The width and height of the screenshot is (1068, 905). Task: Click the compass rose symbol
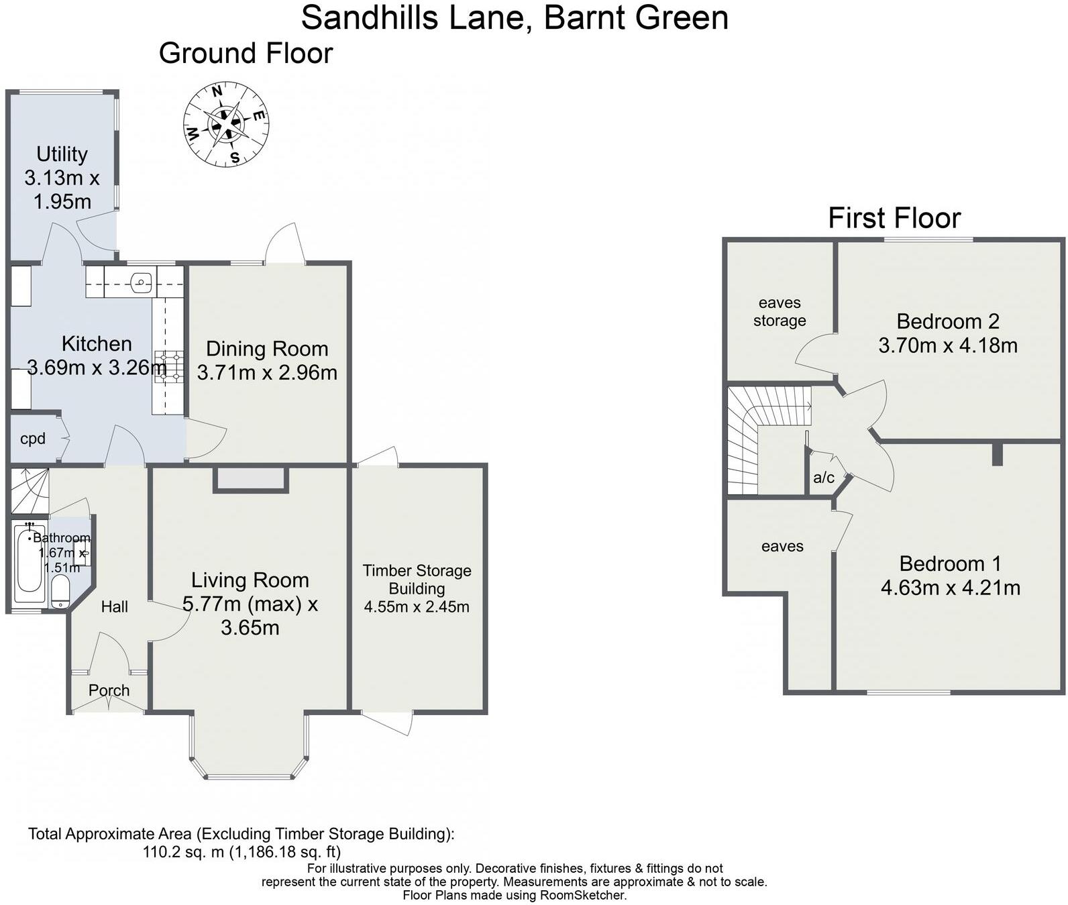click(x=226, y=125)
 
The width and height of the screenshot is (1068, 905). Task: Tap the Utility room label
click(x=62, y=154)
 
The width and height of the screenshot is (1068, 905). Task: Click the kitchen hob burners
click(x=168, y=366)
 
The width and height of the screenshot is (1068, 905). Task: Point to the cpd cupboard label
click(x=33, y=439)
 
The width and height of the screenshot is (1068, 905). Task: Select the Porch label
click(x=109, y=690)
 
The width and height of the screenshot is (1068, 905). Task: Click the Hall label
click(x=114, y=606)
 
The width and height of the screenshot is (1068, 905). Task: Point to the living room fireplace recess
click(x=250, y=479)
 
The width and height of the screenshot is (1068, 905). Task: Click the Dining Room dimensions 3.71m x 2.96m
click(x=267, y=372)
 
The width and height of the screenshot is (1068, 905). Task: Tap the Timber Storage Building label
click(x=417, y=579)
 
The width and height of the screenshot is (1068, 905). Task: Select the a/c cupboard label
click(x=824, y=478)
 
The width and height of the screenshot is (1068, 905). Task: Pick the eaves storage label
click(x=779, y=311)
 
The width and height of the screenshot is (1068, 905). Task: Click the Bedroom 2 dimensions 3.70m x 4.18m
click(x=947, y=345)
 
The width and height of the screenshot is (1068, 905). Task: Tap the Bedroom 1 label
click(x=949, y=563)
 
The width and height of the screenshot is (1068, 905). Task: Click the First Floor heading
click(x=894, y=218)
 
